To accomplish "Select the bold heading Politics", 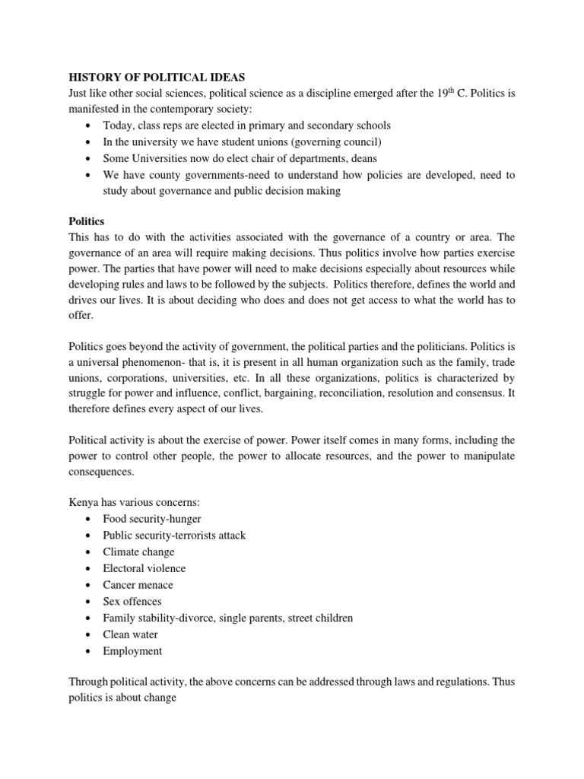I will [x=87, y=221].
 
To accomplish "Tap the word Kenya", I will [x=85, y=501].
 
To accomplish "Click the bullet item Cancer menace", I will [x=138, y=585].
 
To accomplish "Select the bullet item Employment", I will [x=132, y=651].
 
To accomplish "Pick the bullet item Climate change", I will [x=138, y=552].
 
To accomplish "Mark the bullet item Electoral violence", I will [x=144, y=568].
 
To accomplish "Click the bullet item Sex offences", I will [x=132, y=602].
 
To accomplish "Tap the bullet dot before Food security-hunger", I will [x=89, y=519].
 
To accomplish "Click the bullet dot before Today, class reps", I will [x=89, y=126].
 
